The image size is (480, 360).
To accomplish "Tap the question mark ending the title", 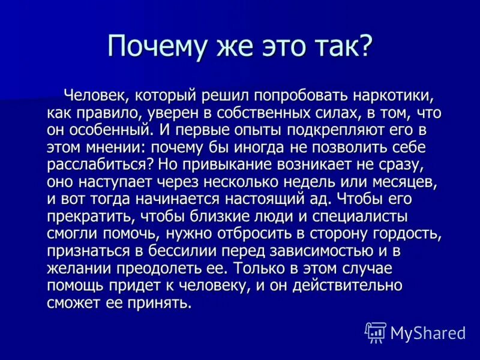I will point(365,45).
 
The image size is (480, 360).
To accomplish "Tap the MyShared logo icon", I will point(376,332).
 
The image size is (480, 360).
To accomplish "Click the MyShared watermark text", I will point(427,332).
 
